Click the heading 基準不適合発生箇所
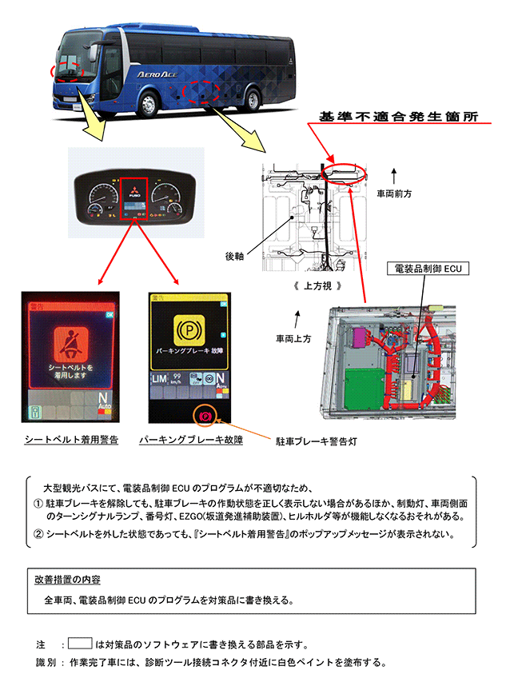tap(397, 116)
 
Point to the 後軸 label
tap(234, 257)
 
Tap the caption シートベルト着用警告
tap(71, 440)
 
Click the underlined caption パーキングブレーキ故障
tap(190, 440)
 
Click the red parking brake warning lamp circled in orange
tap(205, 416)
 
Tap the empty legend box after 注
tap(81, 643)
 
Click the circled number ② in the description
tap(38, 533)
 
